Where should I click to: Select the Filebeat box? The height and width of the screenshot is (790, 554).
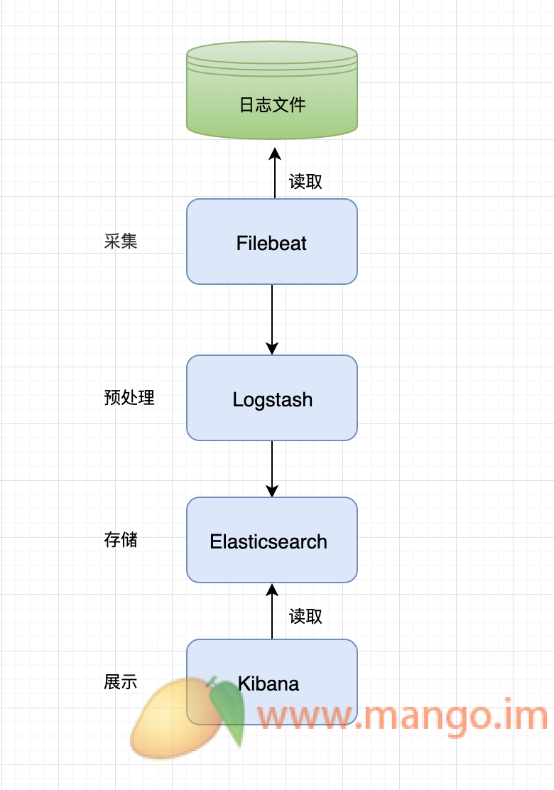pyautogui.click(x=271, y=242)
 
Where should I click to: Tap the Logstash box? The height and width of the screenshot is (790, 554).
pyautogui.click(x=271, y=399)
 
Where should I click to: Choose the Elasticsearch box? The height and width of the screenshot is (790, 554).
pyautogui.click(x=271, y=541)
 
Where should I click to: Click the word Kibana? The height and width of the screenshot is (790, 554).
pyautogui.click(x=269, y=683)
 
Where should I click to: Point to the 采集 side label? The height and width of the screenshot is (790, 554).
pyautogui.click(x=121, y=242)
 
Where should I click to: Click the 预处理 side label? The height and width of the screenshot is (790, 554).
pyautogui.click(x=129, y=398)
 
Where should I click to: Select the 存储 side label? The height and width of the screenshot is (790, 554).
pyautogui.click(x=121, y=540)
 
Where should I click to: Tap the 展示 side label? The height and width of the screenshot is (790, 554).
pyautogui.click(x=121, y=682)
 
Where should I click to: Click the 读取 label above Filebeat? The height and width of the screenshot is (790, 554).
pyautogui.click(x=305, y=182)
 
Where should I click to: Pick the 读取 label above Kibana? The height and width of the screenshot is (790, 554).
pyautogui.click(x=305, y=616)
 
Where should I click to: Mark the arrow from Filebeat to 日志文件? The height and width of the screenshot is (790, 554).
pyautogui.click(x=274, y=174)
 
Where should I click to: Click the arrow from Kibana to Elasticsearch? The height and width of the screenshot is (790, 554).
pyautogui.click(x=272, y=611)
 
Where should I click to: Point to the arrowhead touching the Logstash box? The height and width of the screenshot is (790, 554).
pyautogui.click(x=272, y=348)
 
